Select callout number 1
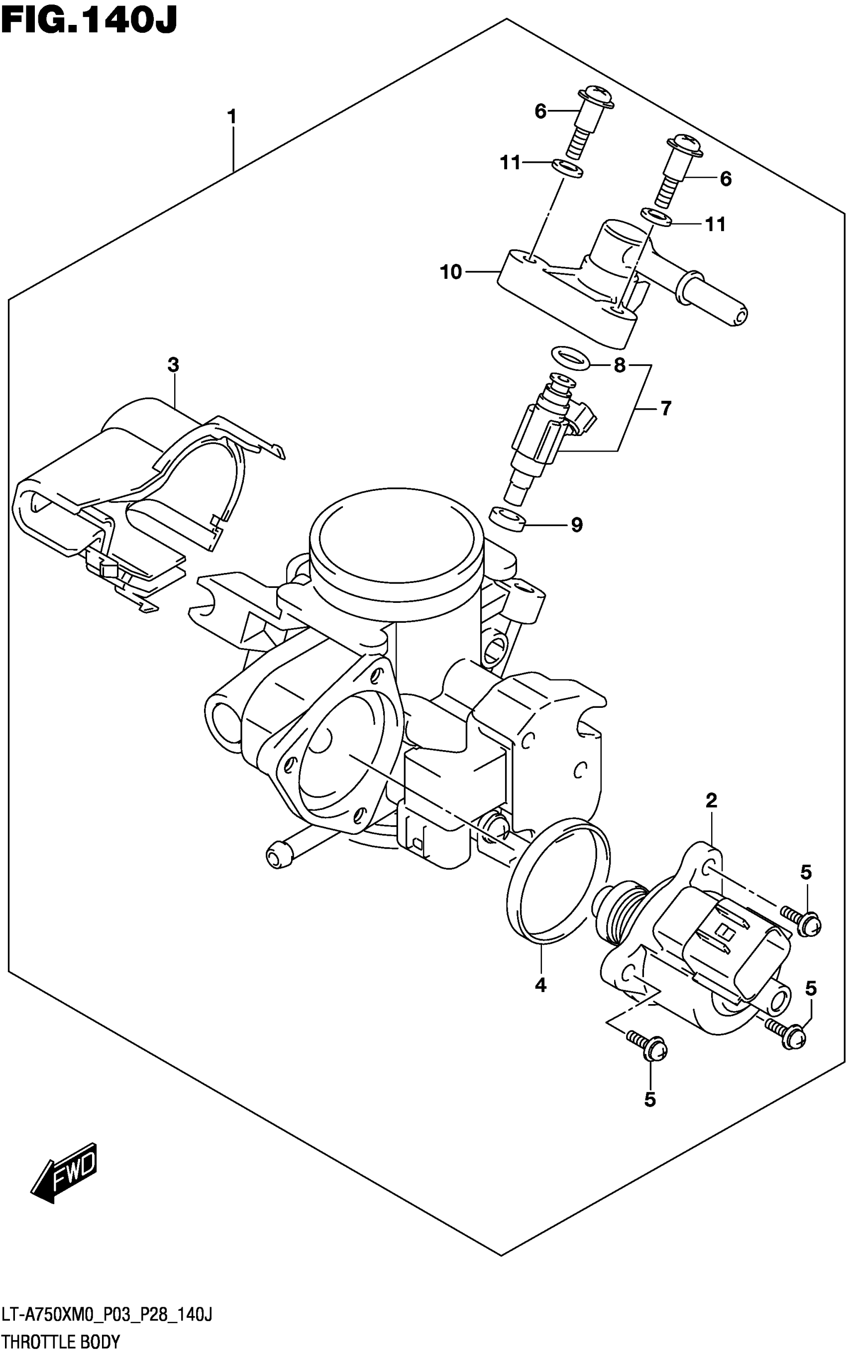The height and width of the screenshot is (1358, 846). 231,117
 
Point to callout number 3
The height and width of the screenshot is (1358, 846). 174,365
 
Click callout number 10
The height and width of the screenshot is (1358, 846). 451,272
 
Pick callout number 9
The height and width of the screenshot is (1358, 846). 577,525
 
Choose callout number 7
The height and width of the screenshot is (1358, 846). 665,409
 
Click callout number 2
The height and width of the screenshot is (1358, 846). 711,800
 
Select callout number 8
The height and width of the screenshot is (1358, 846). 620,365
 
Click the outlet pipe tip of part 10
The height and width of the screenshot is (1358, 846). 738,317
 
